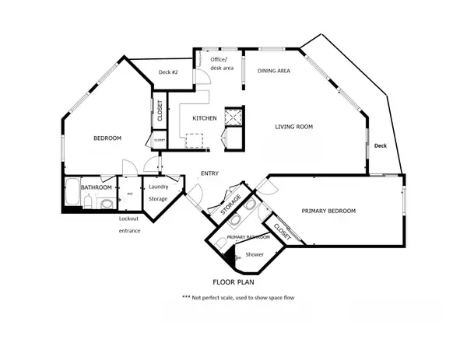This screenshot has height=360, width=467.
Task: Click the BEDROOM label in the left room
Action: coord(107,138)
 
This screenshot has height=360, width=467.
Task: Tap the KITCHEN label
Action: coord(204,119)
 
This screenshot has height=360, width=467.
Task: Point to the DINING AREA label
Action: coord(274,71)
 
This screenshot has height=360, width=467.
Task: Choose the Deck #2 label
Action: coord(169,72)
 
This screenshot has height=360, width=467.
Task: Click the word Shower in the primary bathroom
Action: coord(255,254)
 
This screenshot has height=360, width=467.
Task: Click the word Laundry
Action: coord(159,187)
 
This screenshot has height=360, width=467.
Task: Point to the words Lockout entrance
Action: coord(129,225)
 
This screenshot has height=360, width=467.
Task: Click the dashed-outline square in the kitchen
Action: coord(194,140)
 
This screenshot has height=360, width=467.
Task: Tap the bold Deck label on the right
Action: coord(380,145)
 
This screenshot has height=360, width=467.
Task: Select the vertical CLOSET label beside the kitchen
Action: coord(159,111)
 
